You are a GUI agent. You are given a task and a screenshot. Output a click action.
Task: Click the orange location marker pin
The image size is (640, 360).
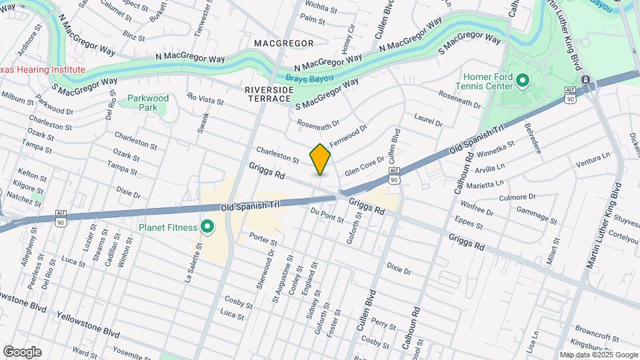coord(321,159)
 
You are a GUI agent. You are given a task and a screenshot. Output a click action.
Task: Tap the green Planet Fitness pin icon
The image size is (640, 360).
coord(207,228)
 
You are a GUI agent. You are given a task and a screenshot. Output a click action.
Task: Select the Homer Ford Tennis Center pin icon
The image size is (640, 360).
coord(522,81)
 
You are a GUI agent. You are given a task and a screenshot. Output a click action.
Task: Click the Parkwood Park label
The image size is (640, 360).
coord(148,103)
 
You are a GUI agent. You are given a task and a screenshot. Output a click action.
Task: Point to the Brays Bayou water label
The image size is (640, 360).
coord(309,77)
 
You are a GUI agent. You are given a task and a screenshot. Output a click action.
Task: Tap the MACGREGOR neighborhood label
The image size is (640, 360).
coord(283,43)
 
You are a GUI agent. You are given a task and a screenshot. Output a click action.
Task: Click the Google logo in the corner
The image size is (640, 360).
coord(22,352)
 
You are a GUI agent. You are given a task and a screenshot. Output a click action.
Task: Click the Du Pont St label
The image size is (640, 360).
coord(327,215)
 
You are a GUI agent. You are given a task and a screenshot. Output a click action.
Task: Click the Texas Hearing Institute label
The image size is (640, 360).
coord(43,69)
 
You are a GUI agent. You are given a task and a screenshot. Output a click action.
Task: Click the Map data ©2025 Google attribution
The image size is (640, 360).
coord(599,355)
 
